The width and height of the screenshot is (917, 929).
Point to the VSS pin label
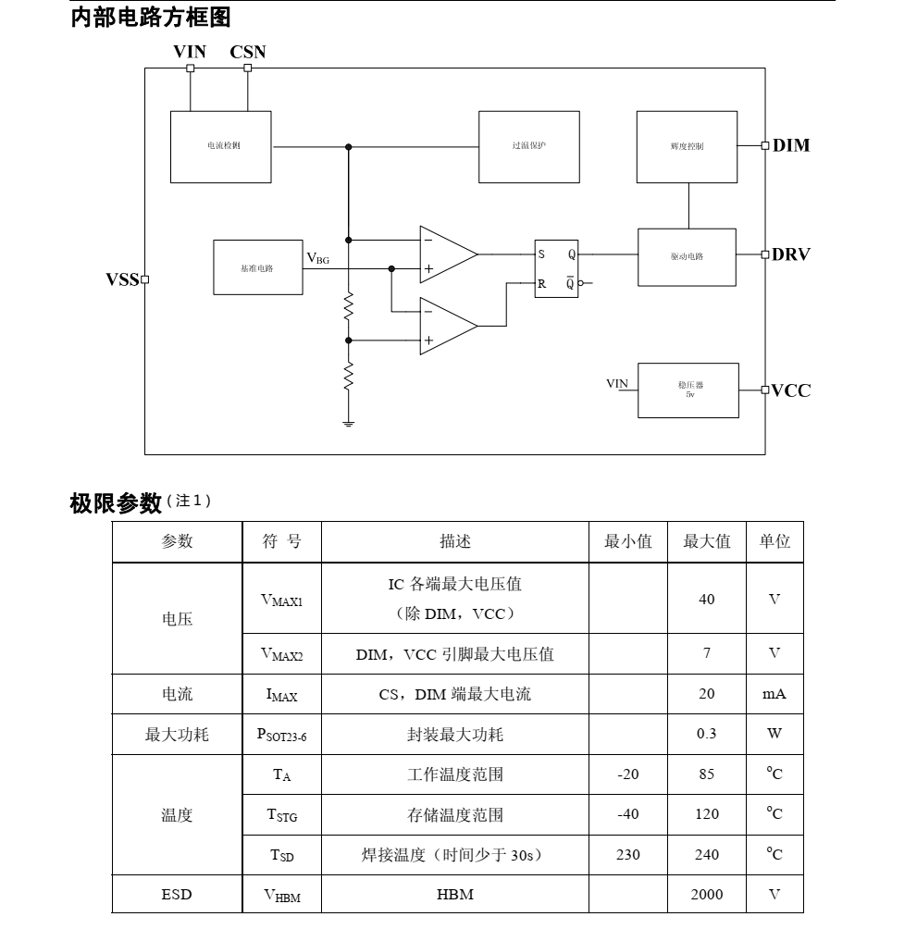121,279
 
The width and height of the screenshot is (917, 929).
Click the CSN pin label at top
248,52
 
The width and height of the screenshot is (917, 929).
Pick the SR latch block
556,268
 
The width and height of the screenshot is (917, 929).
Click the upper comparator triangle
447,254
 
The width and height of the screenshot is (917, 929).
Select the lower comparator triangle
447,326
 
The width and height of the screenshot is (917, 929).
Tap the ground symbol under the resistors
348,423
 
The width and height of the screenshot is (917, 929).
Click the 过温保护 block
528,146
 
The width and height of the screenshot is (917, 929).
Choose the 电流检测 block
221,146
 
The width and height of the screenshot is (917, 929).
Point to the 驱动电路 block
687,256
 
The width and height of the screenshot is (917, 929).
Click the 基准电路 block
257,267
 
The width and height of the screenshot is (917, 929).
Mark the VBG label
317,258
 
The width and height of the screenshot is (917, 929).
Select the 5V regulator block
688,390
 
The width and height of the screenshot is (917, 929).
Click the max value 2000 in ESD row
707,894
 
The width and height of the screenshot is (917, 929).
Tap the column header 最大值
707,541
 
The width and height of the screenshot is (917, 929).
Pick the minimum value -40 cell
627,814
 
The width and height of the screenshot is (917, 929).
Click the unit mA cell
774,694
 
